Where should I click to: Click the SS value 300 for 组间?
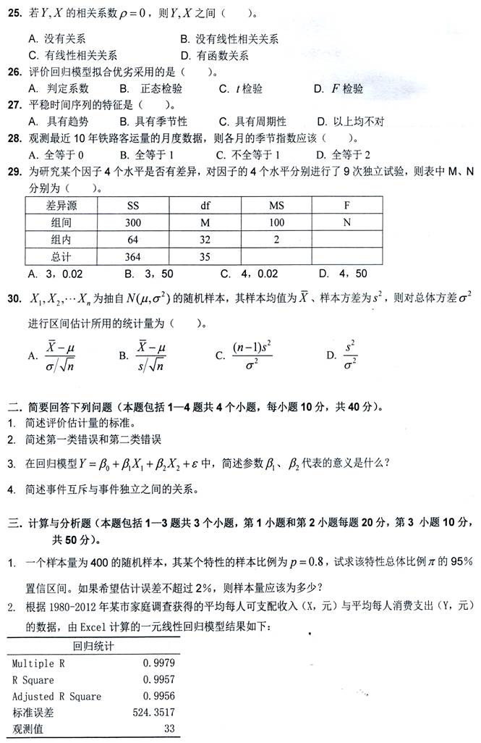pyautogui.click(x=132, y=222)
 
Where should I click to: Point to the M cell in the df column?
pyautogui.click(x=205, y=222)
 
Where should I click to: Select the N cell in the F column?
pyautogui.click(x=346, y=222)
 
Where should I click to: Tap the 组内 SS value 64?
pyautogui.click(x=132, y=240)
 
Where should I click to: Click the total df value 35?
pyautogui.click(x=205, y=257)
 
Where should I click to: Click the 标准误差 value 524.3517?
pyautogui.click(x=153, y=713)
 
